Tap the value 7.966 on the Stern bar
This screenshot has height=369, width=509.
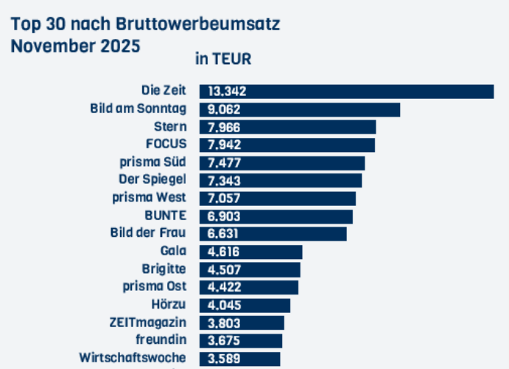coord(225,128)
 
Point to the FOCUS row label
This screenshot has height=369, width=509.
coord(166,144)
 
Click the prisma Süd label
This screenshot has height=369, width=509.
coord(152,162)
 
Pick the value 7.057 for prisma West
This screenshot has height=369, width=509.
coord(225,199)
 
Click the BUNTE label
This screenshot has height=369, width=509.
coord(165,215)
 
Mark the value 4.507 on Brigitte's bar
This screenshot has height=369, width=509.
coord(225,269)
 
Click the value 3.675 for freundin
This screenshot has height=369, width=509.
coord(225,340)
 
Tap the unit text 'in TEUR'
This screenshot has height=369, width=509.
coord(223,58)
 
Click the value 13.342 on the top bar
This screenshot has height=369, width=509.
coord(227,92)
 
